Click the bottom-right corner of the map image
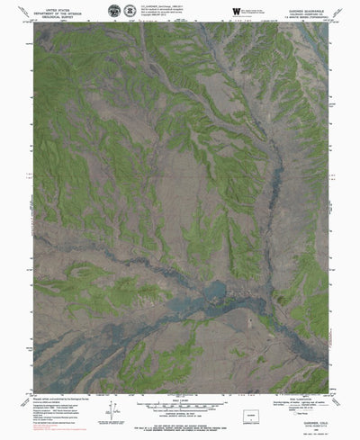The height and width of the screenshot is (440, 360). coord(328,393)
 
